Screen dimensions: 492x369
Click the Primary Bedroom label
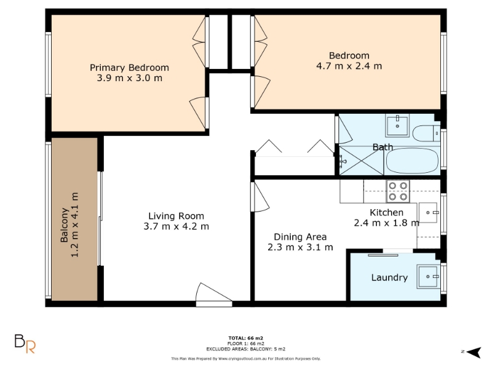(129, 68)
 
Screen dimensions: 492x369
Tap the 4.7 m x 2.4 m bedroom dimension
(349, 66)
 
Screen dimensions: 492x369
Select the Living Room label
(176, 216)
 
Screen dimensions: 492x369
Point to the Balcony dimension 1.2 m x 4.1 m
(74, 224)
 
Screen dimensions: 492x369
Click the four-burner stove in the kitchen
(398, 191)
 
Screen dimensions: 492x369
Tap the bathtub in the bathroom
(412, 161)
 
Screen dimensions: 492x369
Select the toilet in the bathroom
(426, 133)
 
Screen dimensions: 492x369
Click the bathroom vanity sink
(397, 125)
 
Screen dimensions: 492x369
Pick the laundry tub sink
(428, 276)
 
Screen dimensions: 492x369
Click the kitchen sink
(428, 212)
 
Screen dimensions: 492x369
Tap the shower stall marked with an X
(361, 161)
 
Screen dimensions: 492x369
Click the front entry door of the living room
(214, 295)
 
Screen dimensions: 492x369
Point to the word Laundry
(389, 277)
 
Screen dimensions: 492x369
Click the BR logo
(25, 344)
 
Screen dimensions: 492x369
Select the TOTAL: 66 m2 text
(245, 338)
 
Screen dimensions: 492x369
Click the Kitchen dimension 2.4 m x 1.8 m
(387, 223)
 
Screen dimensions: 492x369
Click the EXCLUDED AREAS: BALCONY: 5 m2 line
(245, 349)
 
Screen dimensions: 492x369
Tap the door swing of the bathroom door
(345, 130)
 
